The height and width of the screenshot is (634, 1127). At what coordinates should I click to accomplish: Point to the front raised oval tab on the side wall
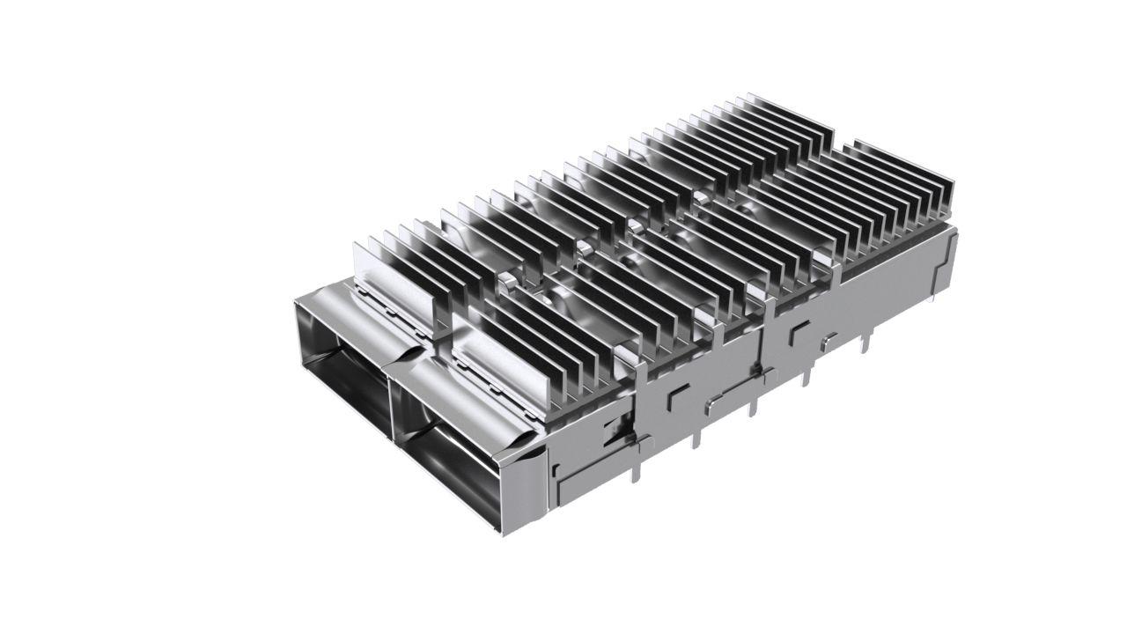tap(711, 404)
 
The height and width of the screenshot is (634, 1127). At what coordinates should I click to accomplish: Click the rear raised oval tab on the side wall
tap(828, 339)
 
